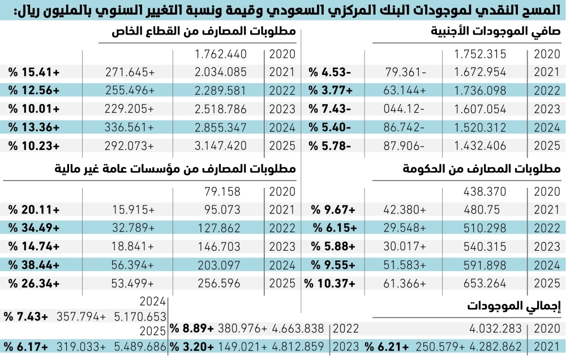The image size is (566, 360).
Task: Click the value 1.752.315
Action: (x=480, y=54)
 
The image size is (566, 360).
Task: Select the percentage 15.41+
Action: (x=34, y=72)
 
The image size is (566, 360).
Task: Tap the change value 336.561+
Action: (x=130, y=127)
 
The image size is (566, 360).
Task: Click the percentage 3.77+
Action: (x=333, y=90)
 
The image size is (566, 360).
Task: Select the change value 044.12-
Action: (x=404, y=109)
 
